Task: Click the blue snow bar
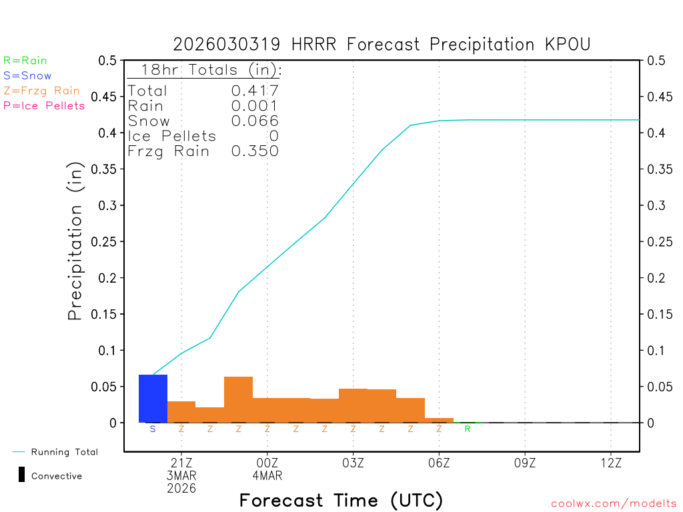(153, 399)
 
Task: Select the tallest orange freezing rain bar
(238, 400)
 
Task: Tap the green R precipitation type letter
(468, 429)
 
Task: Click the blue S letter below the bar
(153, 429)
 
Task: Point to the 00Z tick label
(267, 462)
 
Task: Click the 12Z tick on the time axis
(611, 462)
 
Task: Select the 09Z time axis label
(525, 462)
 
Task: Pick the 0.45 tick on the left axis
(107, 97)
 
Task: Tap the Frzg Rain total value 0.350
(255, 151)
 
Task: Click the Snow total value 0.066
(255, 121)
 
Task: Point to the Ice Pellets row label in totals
(172, 136)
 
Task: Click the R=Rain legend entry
(25, 61)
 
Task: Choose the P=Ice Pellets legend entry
(44, 105)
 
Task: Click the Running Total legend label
(65, 452)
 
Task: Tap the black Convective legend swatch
(21, 475)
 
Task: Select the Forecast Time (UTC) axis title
(341, 501)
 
